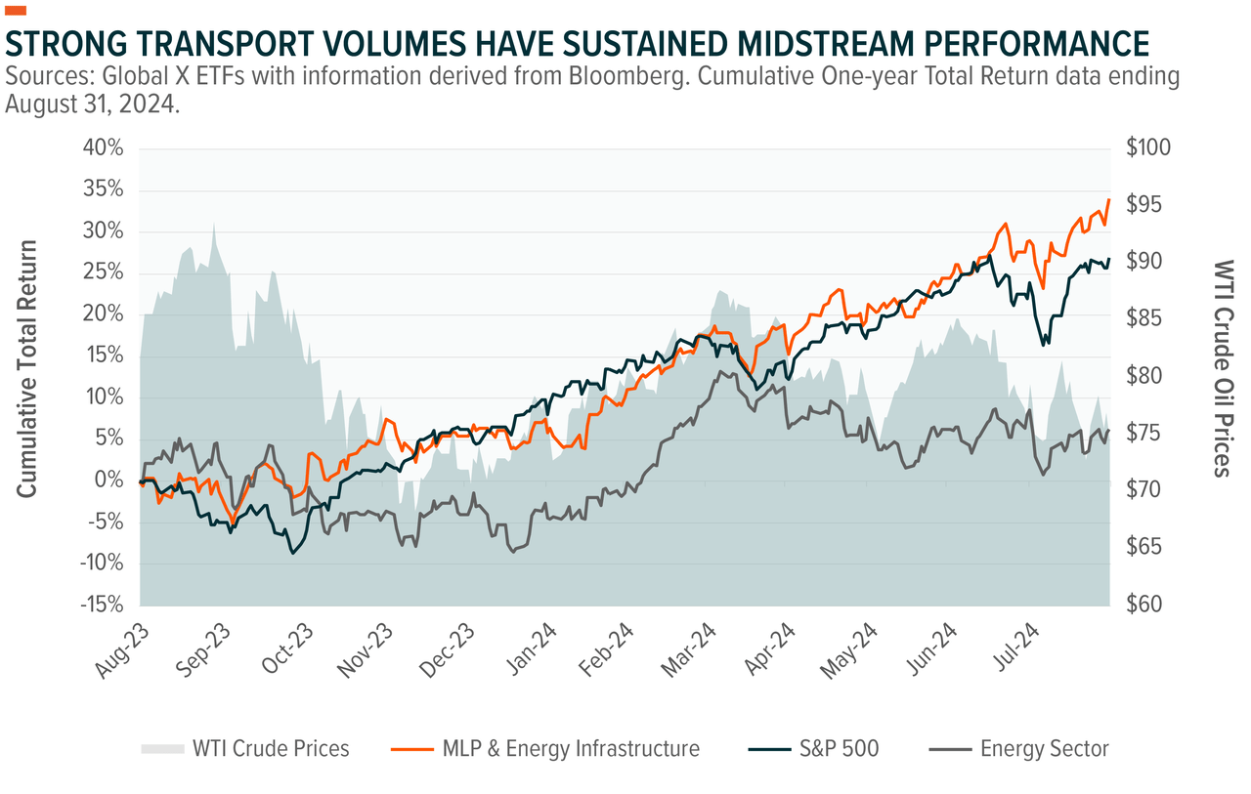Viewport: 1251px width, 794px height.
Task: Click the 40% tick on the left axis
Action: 103,148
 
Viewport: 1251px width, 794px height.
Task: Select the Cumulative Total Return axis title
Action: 27,368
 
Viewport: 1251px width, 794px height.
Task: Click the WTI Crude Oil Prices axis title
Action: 1222,368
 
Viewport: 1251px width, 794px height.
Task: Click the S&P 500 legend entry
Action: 837,749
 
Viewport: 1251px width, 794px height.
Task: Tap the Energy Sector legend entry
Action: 1043,749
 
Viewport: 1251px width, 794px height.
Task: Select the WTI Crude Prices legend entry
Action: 270,749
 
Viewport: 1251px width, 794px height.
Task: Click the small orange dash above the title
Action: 16,11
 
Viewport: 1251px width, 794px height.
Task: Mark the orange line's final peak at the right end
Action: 1109,200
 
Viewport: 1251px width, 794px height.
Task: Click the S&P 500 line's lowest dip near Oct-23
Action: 292,553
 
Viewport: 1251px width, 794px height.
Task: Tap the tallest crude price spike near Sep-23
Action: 213,223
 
